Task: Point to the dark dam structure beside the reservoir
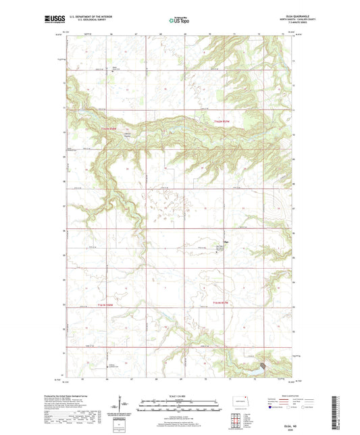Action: [264, 365]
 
